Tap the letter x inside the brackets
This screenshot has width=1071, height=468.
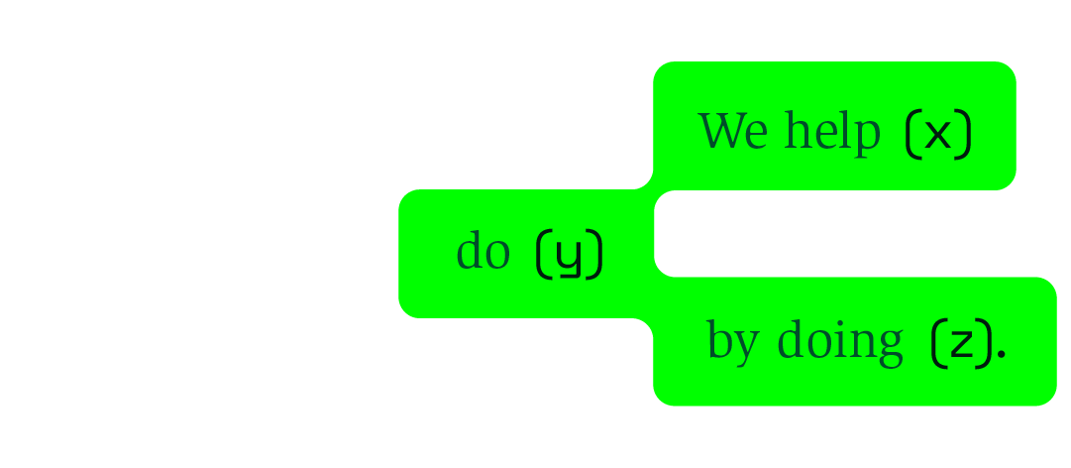coord(937,134)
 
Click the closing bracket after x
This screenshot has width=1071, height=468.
coord(964,134)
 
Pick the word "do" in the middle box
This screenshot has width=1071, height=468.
coord(482,252)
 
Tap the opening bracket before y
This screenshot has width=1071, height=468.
coord(543,255)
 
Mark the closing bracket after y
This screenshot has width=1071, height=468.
coord(593,255)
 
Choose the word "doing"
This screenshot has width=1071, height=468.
coord(839,341)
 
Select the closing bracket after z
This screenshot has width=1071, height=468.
coord(985,343)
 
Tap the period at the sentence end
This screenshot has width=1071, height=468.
coord(1002,352)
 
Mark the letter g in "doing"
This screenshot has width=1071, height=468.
coord(889,347)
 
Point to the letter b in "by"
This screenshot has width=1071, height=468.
coord(718,339)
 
